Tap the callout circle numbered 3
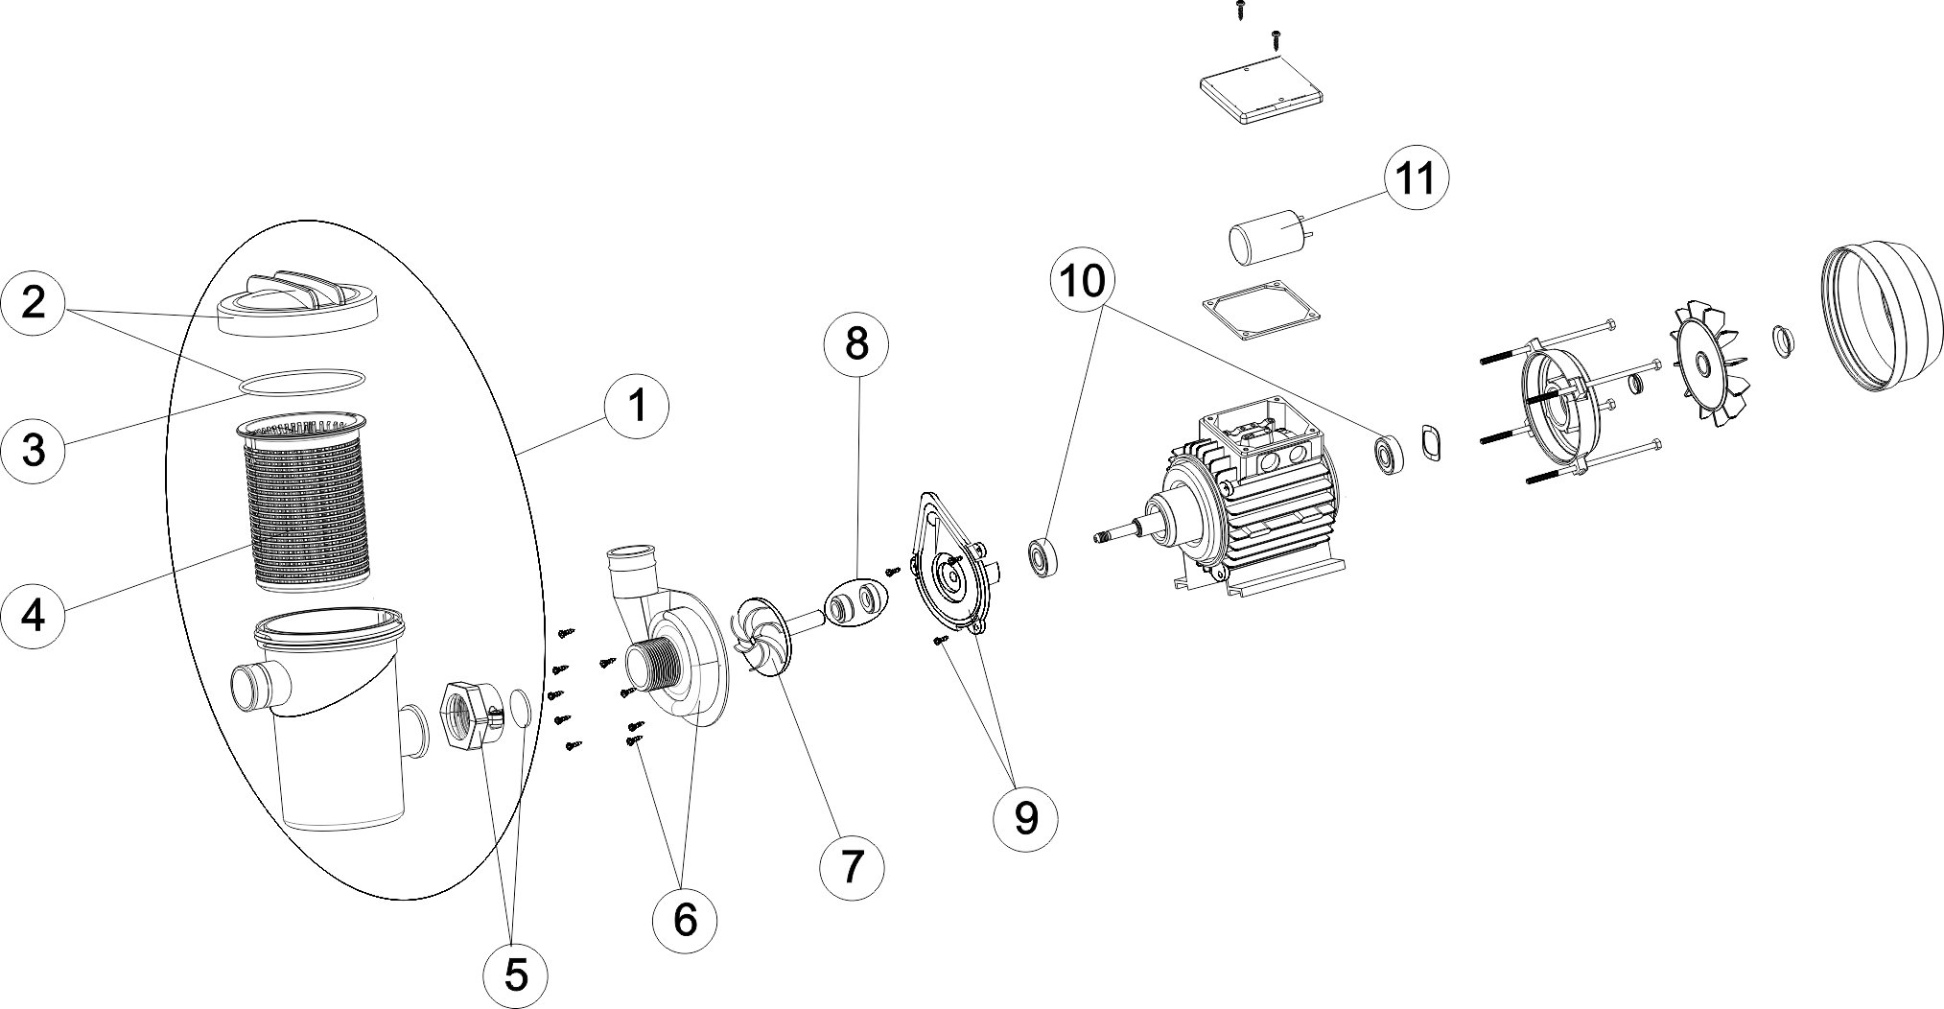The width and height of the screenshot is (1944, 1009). tap(34, 449)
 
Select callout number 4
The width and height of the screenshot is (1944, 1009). tap(34, 615)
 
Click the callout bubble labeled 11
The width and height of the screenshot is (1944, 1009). tap(1416, 177)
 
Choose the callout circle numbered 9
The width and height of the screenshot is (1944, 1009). tap(1025, 817)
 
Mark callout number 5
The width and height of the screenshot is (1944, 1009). tap(516, 974)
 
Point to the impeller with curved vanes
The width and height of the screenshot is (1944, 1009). tap(764, 635)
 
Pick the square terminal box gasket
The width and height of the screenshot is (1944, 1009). tap(1259, 309)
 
